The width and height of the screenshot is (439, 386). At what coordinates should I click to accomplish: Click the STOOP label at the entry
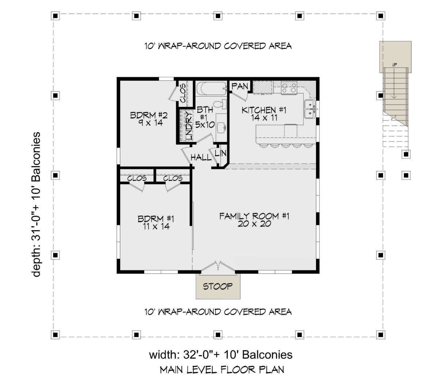tap(218, 286)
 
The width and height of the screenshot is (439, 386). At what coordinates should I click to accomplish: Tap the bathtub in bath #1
tap(211, 89)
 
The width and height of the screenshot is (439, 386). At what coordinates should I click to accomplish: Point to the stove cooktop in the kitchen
tap(289, 88)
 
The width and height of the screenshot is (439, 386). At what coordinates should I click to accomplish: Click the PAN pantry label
tap(240, 86)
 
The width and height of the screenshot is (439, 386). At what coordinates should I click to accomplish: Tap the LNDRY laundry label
tap(189, 125)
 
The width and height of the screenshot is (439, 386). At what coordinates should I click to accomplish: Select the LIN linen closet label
tap(220, 153)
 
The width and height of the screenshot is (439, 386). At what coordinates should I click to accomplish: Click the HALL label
tap(201, 157)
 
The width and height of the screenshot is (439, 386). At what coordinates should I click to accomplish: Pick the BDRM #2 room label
tap(149, 115)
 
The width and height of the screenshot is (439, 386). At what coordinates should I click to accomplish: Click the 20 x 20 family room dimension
tap(254, 224)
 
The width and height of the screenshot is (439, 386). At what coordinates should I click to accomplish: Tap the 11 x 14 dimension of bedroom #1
tap(156, 226)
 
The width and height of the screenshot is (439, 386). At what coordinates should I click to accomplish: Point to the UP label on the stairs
tap(394, 65)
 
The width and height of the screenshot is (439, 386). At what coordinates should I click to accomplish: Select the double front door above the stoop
tap(218, 268)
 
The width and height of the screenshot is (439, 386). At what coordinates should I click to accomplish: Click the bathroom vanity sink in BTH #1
tap(221, 127)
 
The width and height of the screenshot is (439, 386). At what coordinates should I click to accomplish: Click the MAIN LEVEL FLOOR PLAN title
tap(222, 370)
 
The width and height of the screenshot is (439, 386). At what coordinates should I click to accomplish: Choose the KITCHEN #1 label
tap(264, 110)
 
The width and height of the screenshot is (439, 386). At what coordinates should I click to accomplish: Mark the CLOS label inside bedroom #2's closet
tap(183, 93)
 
